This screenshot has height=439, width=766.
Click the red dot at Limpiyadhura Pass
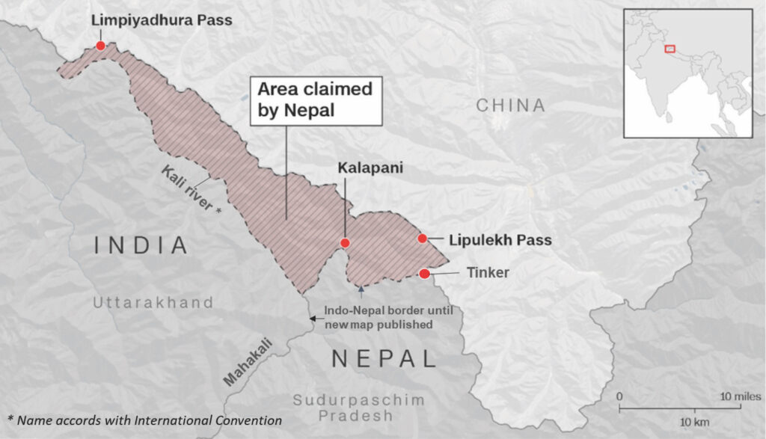(x=100, y=46)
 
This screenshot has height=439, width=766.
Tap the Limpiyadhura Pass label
(x=162, y=20)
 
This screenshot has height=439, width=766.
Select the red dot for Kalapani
(x=345, y=243)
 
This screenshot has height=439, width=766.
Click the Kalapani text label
(x=370, y=169)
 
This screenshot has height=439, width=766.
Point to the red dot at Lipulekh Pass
(x=422, y=239)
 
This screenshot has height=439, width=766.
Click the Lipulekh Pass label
(x=500, y=241)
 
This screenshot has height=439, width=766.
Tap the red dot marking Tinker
(x=425, y=274)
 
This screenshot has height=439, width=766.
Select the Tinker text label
(x=488, y=273)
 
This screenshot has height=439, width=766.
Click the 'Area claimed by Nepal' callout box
(x=315, y=100)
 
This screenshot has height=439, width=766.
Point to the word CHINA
(x=511, y=105)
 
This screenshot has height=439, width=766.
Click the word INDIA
(x=140, y=245)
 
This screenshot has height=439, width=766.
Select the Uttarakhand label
(x=153, y=303)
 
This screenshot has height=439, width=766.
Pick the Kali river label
(x=191, y=190)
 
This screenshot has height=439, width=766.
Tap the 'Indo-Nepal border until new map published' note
(x=378, y=318)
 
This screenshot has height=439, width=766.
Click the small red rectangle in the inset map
(x=670, y=49)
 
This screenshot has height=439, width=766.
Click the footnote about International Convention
(x=144, y=420)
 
